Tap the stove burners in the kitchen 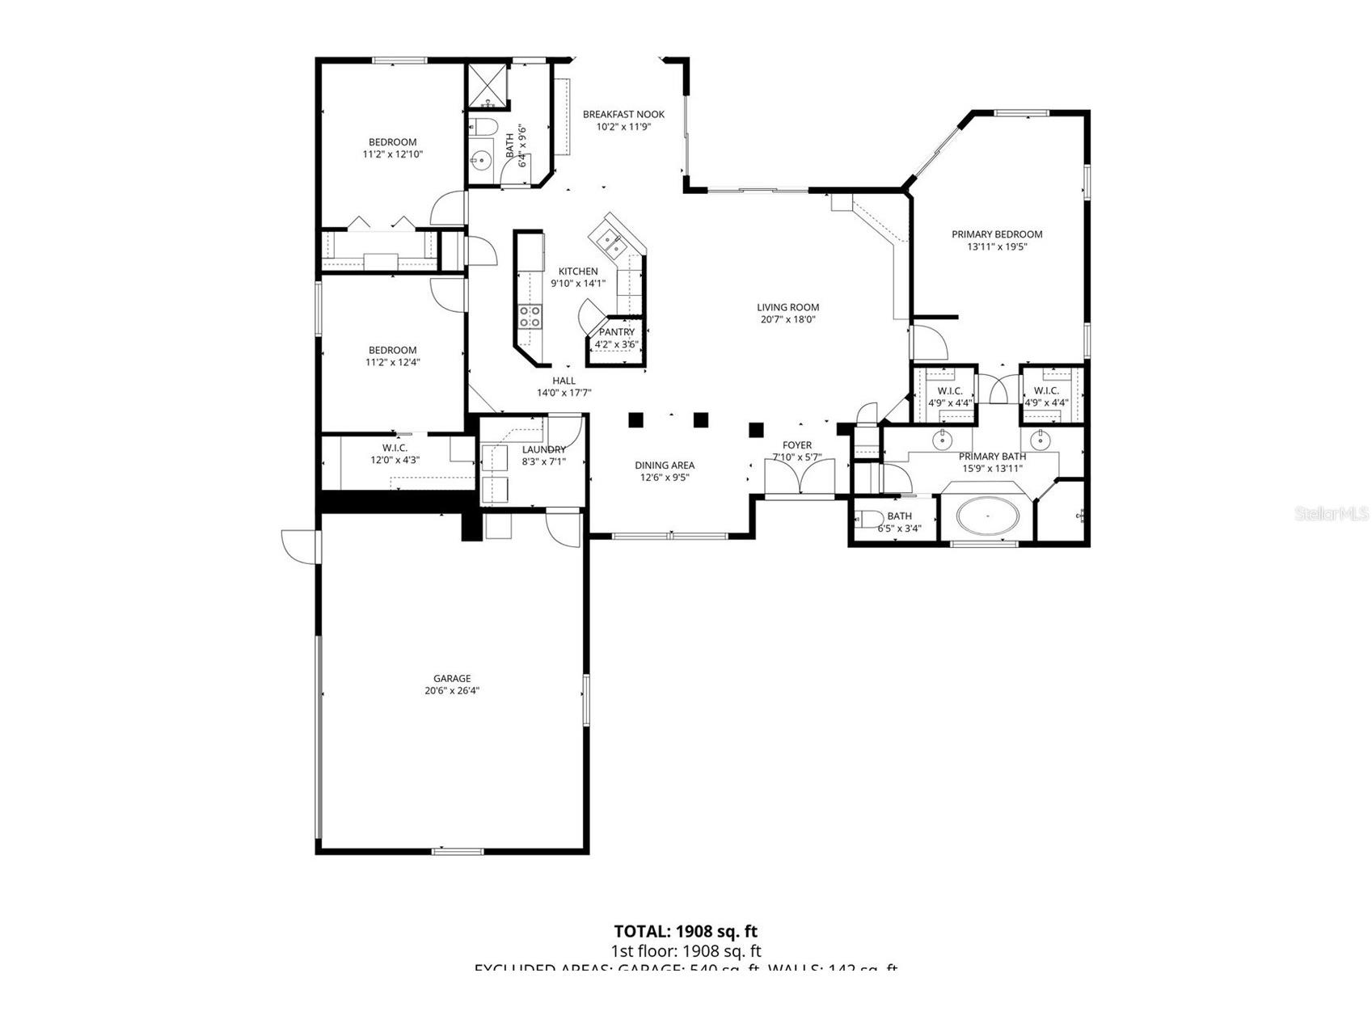point(530,317)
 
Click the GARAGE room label point(452,679)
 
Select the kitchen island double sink point(608,239)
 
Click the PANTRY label point(617,332)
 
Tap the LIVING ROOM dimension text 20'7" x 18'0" point(787,319)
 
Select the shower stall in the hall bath point(488,86)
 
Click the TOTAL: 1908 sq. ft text point(686,932)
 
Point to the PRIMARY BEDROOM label point(996,234)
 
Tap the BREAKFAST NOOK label point(623,115)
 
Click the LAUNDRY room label point(543,450)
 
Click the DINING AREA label point(664,466)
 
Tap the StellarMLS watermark point(1331,513)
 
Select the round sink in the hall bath point(483,160)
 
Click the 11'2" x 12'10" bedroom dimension point(393,154)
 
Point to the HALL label point(564,381)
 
